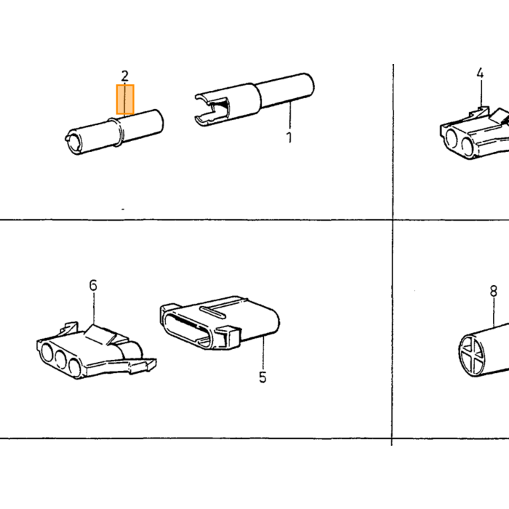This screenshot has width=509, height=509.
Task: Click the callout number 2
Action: click(x=125, y=76)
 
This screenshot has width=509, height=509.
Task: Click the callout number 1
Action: click(x=289, y=137)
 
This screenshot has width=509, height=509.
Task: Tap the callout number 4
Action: click(x=480, y=73)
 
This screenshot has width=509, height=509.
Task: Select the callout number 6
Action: click(x=93, y=285)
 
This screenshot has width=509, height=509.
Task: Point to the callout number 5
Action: click(x=262, y=377)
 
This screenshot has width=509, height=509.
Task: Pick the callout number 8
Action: click(x=494, y=291)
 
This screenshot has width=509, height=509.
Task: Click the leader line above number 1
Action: click(x=290, y=115)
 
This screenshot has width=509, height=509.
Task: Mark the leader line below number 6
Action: click(x=94, y=308)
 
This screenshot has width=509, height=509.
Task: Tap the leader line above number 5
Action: click(x=263, y=353)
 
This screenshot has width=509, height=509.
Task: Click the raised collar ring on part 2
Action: click(x=117, y=132)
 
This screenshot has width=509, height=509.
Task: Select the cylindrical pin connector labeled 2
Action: click(x=114, y=132)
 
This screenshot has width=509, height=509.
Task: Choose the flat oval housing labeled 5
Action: click(x=220, y=322)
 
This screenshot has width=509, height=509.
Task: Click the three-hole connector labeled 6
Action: click(x=97, y=350)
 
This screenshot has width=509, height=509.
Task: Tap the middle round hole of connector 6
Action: click(x=62, y=358)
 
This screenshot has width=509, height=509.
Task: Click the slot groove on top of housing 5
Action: click(x=212, y=311)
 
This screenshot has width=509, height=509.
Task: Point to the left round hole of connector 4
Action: click(x=453, y=139)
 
